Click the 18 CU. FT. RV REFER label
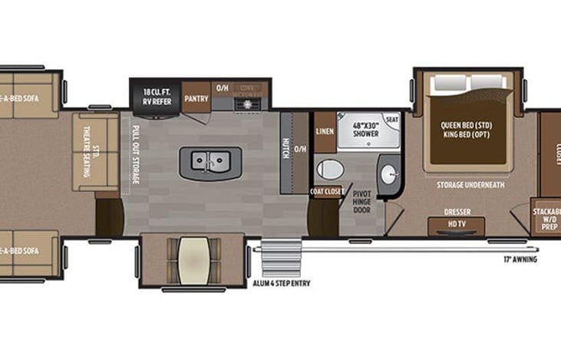(156, 96)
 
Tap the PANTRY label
(196, 99)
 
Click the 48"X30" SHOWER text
(366, 128)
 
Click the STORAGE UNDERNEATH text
(470, 184)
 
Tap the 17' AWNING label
(521, 259)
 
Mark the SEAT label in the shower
(391, 120)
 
